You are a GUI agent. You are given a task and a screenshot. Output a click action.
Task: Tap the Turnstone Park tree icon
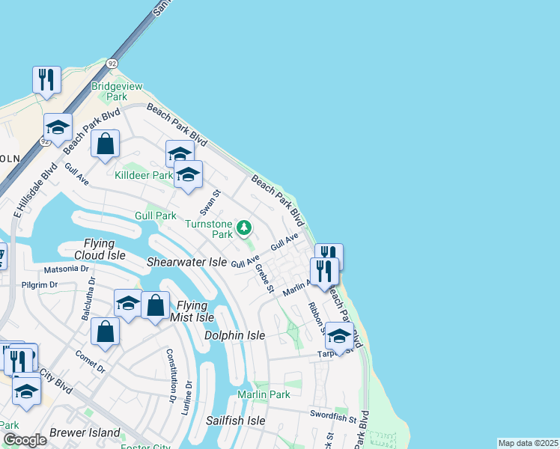243,227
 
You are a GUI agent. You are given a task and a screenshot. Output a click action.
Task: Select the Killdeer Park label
143,175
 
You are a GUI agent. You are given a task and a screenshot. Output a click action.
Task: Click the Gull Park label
155,216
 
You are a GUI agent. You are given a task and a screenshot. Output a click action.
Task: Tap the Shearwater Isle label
186,262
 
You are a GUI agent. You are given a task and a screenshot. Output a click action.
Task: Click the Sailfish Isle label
236,421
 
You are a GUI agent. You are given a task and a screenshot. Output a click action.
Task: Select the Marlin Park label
264,394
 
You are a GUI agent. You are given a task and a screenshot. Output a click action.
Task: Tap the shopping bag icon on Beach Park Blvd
106,143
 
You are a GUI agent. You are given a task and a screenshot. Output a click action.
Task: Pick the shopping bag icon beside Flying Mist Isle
155,305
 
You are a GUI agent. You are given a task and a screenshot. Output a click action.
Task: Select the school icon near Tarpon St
339,336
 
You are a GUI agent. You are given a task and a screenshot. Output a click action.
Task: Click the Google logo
24,440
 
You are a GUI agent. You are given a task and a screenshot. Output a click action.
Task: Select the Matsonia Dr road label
67,267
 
